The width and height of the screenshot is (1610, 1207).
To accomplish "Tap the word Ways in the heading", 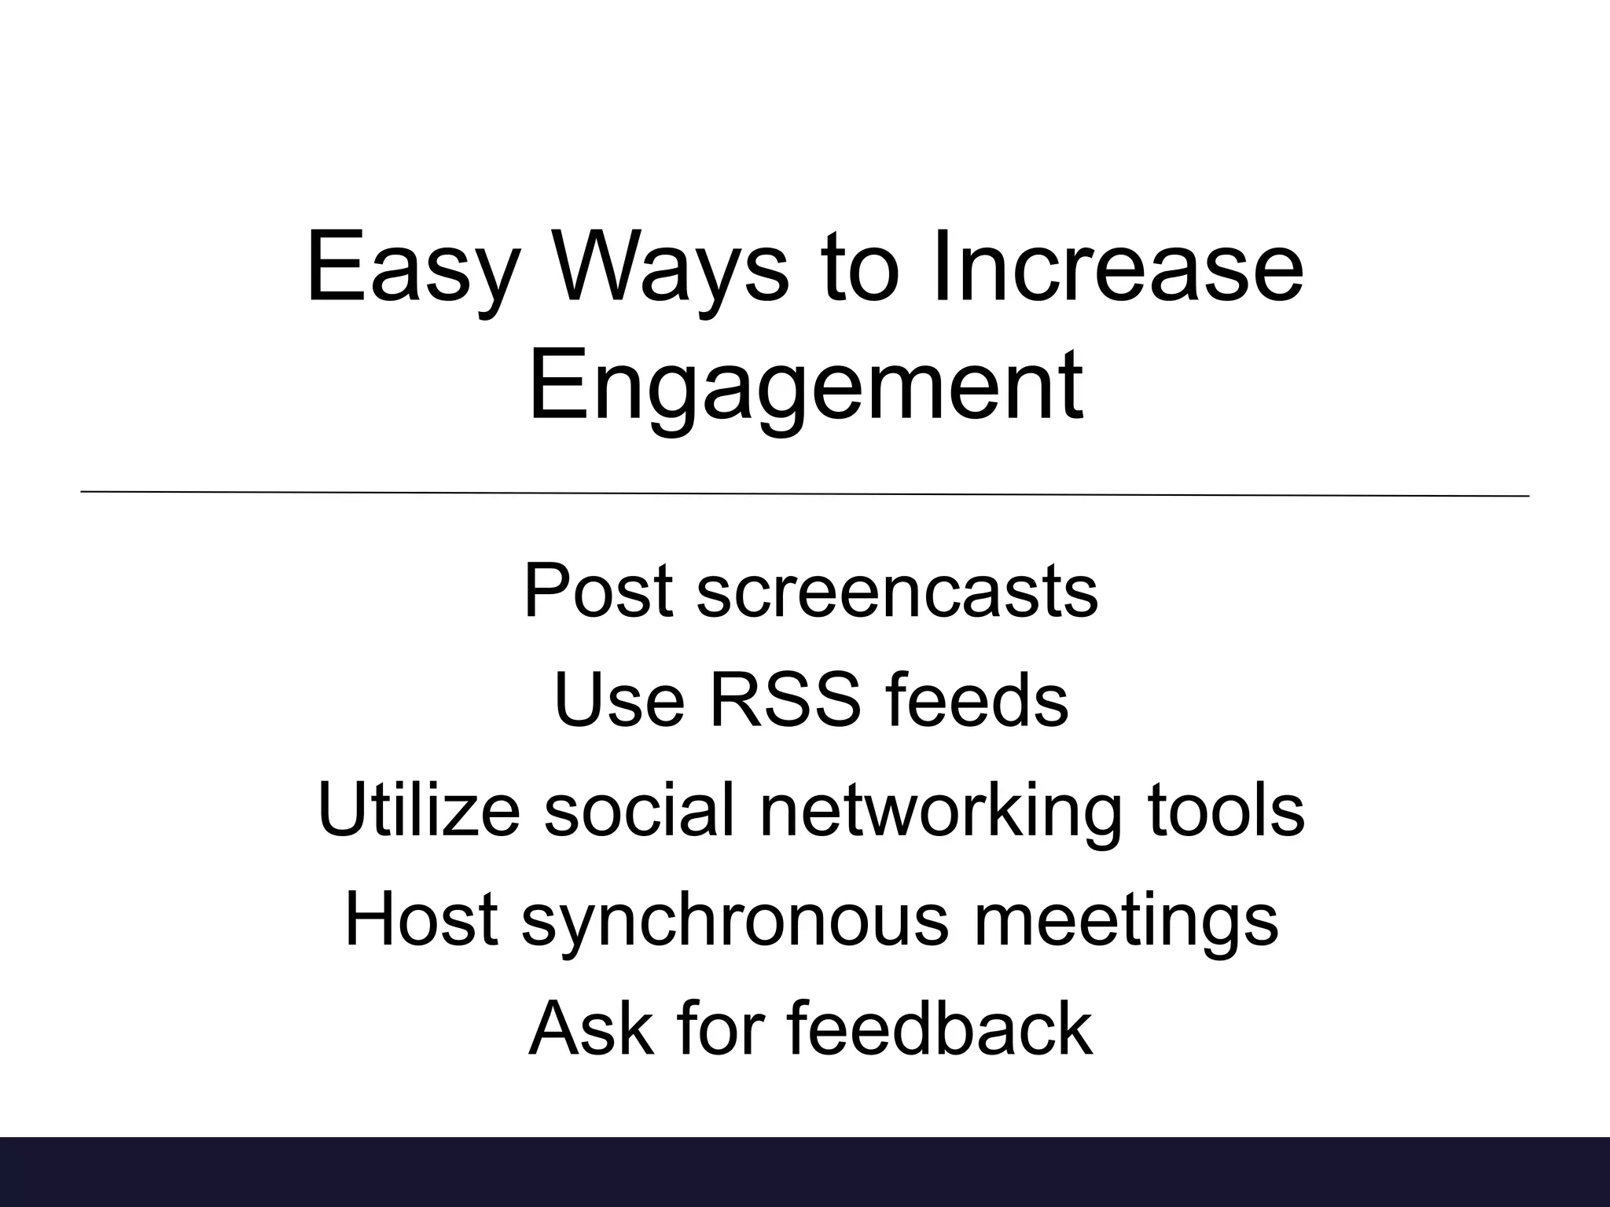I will [671, 267].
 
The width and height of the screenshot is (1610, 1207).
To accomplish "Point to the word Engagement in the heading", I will [805, 387].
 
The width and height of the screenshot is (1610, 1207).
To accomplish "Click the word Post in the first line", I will [598, 591].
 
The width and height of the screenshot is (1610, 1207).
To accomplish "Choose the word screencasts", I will [897, 591].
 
